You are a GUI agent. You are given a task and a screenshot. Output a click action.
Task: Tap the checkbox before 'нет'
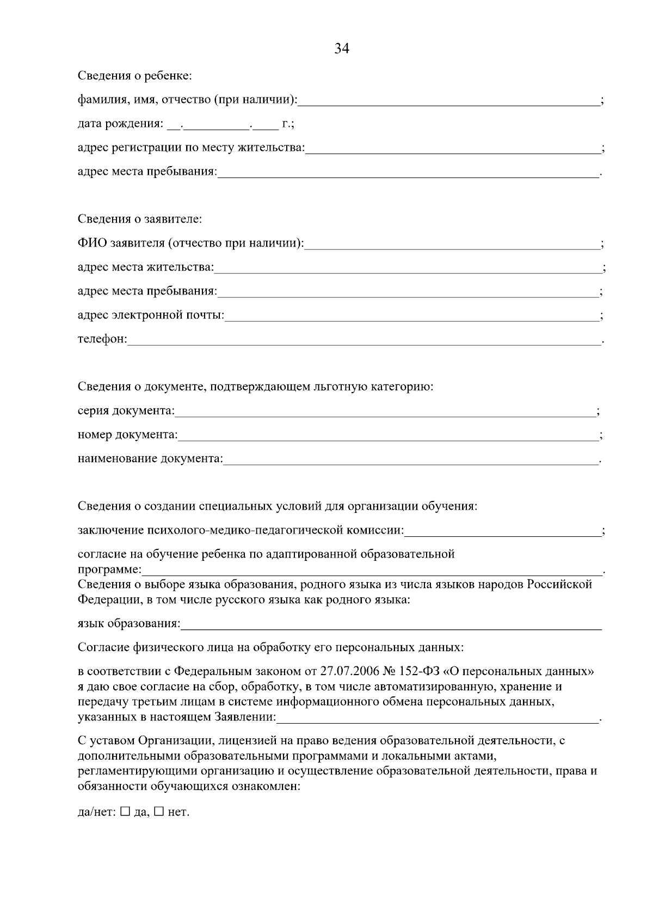[x=159, y=811]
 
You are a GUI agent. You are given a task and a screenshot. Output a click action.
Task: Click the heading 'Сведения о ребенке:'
[x=134, y=76]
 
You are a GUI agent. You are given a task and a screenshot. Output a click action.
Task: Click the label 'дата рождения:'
[x=120, y=124]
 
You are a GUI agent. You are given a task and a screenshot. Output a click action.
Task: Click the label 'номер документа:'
[x=127, y=435]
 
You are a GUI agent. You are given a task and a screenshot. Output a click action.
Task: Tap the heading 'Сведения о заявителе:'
[x=140, y=219]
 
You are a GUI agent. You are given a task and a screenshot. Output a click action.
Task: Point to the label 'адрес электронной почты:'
[x=151, y=315]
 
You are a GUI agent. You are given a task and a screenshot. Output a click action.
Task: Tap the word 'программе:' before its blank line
[x=109, y=570]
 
